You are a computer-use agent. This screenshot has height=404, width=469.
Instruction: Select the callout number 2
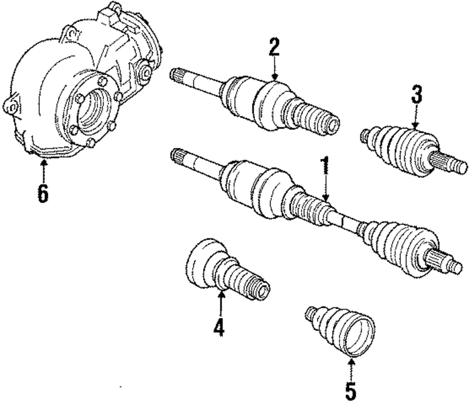click(274, 48)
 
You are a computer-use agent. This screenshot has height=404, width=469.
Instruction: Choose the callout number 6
click(43, 193)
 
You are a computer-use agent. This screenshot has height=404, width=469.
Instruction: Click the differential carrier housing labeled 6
click(70, 94)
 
